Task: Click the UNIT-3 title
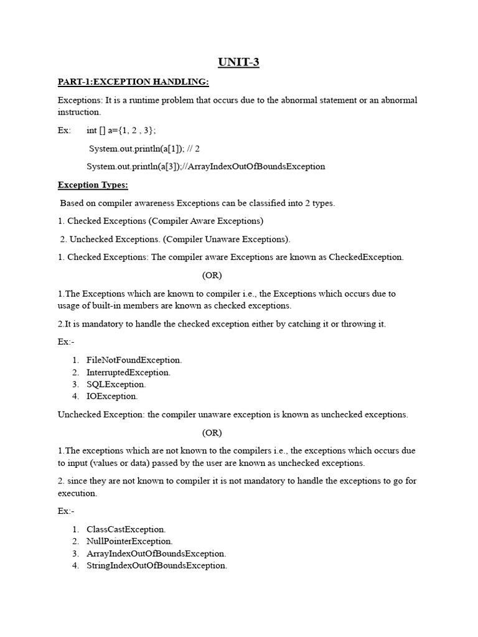[x=239, y=62]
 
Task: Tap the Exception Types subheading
[x=93, y=185]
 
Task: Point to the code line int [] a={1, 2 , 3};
[x=121, y=131]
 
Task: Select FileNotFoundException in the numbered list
[x=134, y=360]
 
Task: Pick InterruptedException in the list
[x=128, y=372]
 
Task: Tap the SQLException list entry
[x=116, y=384]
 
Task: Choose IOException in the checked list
[x=112, y=396]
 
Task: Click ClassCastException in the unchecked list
[x=126, y=529]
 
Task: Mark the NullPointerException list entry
[x=129, y=541]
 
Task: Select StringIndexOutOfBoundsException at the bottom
[x=157, y=565]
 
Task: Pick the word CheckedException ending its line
[x=366, y=257]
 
